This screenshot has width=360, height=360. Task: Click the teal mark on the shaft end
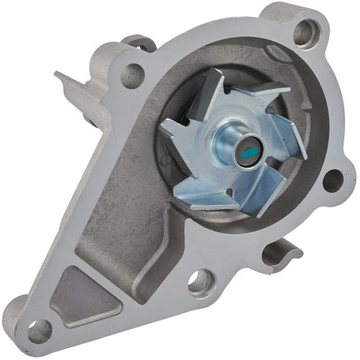(247, 153)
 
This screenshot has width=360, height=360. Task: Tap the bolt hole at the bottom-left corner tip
(38, 330)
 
